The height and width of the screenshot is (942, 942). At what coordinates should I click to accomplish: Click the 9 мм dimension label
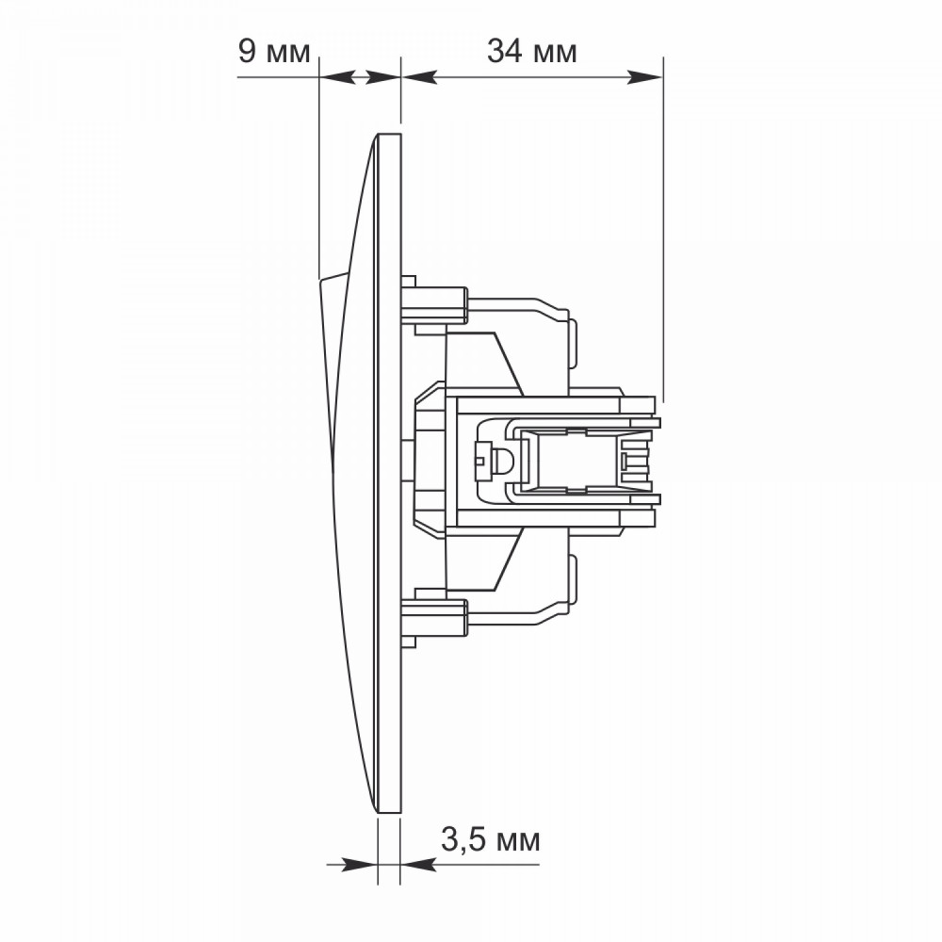click(x=274, y=51)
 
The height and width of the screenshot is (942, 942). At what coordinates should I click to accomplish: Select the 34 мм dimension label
click(x=531, y=51)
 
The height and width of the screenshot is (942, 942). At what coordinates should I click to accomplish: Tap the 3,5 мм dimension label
click(x=490, y=839)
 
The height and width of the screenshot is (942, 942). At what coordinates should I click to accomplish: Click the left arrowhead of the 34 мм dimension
click(x=419, y=77)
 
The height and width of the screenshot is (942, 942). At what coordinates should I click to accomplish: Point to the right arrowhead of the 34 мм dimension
click(x=644, y=77)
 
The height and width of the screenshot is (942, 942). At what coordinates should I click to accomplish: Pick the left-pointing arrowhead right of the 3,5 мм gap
click(x=418, y=865)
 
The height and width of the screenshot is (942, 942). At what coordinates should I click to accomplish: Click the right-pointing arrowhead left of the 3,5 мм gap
click(x=360, y=865)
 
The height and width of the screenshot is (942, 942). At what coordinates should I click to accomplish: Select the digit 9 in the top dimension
click(x=247, y=51)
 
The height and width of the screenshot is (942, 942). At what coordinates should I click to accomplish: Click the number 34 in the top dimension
click(x=505, y=51)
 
